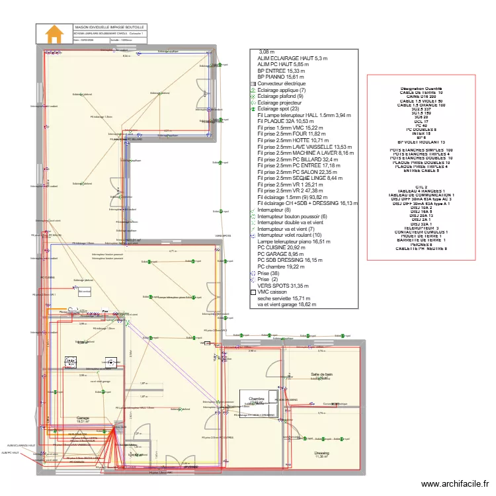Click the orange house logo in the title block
click(x=54, y=34)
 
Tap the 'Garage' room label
click(x=83, y=418)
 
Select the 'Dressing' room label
click(x=322, y=453)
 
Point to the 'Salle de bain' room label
click(x=322, y=375)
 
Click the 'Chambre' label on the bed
click(x=257, y=399)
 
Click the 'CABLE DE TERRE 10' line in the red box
click(x=421, y=93)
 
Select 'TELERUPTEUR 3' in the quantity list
click(x=419, y=228)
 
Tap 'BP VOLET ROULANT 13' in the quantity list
click(x=421, y=142)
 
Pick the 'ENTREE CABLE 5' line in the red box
click(x=421, y=170)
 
